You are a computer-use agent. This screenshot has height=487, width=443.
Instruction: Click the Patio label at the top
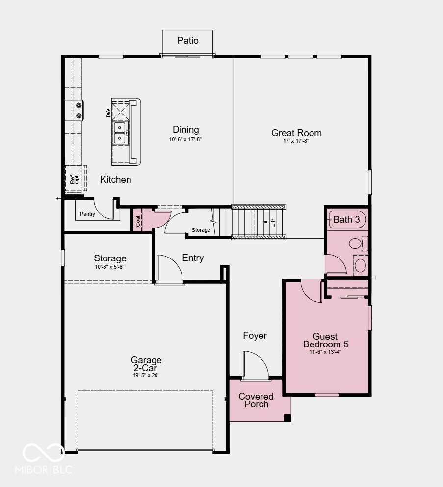pos(188,40)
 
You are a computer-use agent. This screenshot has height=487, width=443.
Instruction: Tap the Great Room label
pos(296,133)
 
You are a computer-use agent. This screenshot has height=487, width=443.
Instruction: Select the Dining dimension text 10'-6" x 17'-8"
pos(186,140)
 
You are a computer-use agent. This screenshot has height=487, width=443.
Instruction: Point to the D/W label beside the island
pos(109,113)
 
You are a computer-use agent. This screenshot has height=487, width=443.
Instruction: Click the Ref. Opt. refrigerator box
pos(75,179)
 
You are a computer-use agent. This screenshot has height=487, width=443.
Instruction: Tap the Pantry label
pos(87,214)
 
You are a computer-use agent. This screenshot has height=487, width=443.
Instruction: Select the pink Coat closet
pos(138,219)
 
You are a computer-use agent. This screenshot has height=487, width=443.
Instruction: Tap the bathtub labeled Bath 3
pos(346,219)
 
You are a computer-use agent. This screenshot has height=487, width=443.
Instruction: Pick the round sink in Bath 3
pos(361,265)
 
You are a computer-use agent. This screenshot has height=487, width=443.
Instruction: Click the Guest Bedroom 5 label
pos(325,341)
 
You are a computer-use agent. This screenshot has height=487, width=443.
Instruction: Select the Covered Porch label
pos(256,400)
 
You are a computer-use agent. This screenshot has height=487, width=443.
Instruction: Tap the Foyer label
pos(255,336)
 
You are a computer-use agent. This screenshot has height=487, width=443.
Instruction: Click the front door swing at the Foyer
pos(255,366)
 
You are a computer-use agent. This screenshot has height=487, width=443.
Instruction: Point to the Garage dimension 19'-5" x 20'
pos(146,375)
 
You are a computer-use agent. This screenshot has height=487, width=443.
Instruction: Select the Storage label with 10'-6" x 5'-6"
pos(110,258)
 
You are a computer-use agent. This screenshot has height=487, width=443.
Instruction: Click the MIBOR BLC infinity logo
pos(43,453)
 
